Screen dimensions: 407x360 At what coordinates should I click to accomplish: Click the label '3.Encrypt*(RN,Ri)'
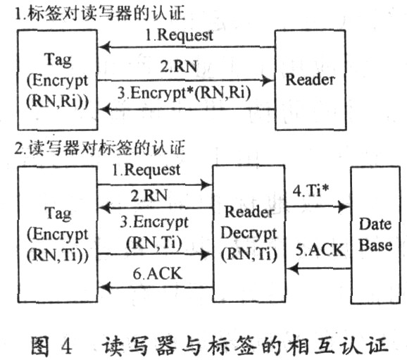(184, 93)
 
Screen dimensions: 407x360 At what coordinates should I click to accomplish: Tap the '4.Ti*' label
(311, 191)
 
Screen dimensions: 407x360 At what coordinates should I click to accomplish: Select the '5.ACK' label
(320, 250)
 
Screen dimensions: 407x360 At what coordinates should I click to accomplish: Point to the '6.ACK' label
(158, 274)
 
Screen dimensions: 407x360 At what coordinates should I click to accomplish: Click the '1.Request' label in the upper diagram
(179, 35)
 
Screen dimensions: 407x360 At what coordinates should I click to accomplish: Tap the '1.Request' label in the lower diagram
(146, 170)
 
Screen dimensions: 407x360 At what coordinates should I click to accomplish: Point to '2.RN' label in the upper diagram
(179, 66)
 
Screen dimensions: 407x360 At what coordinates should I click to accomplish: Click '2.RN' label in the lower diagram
(149, 195)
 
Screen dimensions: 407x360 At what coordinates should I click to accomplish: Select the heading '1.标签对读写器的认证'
(100, 13)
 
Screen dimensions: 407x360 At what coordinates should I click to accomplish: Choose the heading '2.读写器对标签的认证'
(100, 149)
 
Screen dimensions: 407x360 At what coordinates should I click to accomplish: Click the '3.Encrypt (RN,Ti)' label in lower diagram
(154, 232)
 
